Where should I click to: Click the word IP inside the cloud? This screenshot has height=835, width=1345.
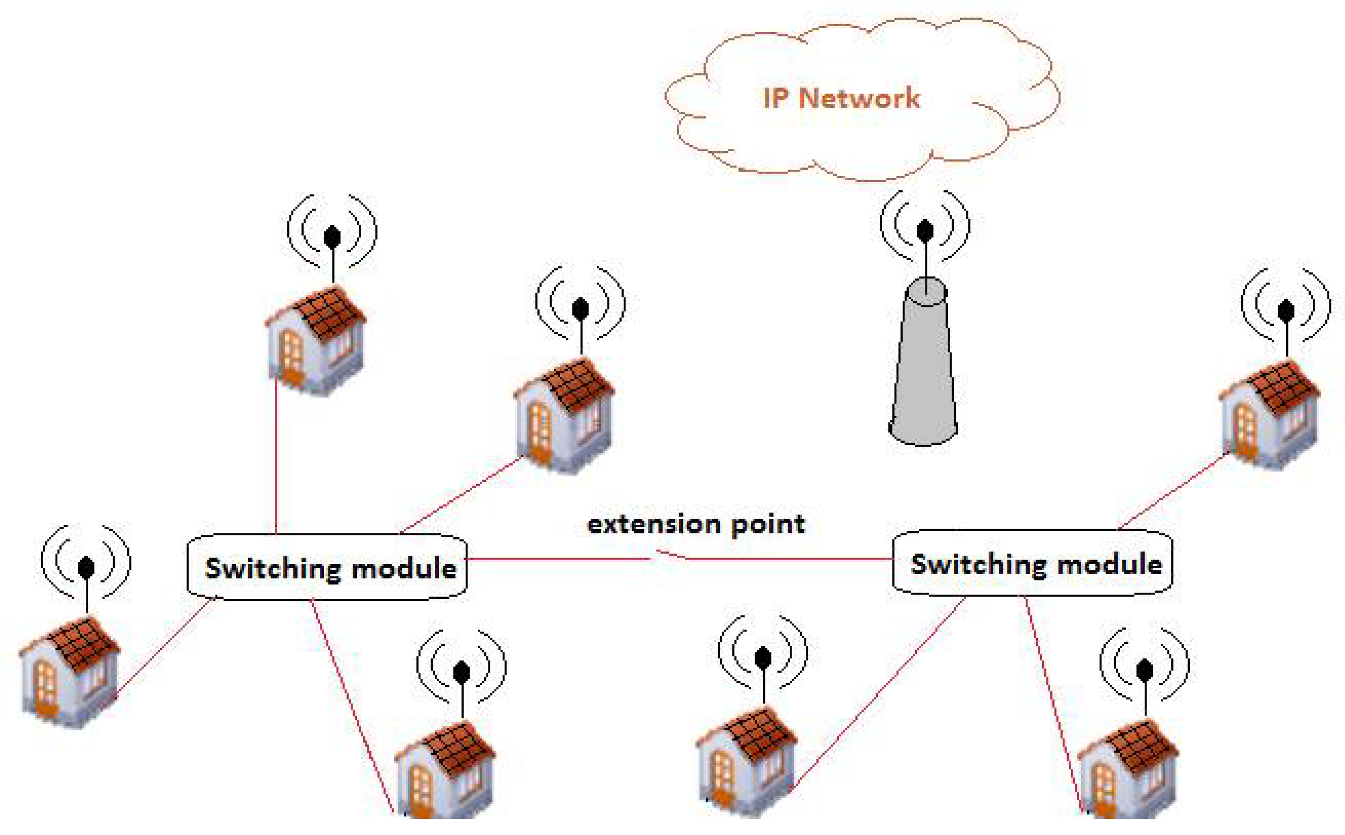click(776, 98)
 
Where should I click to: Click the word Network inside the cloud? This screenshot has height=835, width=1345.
click(859, 98)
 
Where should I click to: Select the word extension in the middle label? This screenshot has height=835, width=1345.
click(653, 524)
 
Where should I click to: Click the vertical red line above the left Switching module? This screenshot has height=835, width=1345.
click(276, 459)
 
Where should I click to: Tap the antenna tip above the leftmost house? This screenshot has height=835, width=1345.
click(86, 567)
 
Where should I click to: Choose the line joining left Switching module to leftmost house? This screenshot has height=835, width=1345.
click(166, 646)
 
